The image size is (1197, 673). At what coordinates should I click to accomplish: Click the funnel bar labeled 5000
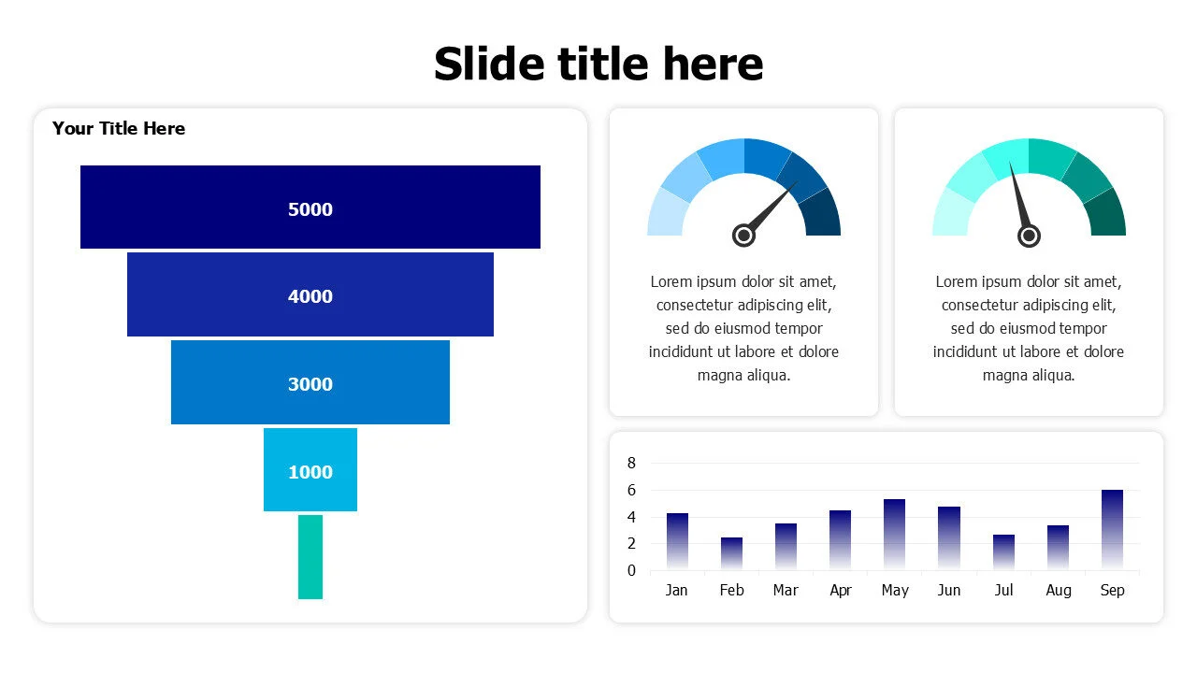(310, 207)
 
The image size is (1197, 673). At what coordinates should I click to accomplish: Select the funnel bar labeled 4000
(310, 294)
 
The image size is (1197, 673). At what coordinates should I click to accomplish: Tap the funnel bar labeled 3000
(310, 382)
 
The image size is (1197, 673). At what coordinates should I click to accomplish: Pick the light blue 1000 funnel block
(310, 469)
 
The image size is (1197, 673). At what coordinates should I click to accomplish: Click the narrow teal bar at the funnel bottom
(310, 557)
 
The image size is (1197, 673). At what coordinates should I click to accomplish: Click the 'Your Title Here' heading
(119, 129)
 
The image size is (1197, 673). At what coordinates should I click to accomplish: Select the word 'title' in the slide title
(603, 64)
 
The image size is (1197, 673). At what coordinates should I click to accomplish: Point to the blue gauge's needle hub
(743, 235)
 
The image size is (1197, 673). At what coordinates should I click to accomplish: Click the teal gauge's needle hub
(1029, 236)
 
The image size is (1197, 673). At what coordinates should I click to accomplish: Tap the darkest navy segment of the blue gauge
(822, 215)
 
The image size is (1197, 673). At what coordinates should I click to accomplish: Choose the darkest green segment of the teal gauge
(1107, 215)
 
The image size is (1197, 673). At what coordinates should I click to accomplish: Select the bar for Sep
(1112, 529)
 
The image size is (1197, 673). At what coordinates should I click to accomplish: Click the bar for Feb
(731, 553)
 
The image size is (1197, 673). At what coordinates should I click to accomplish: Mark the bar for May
(895, 534)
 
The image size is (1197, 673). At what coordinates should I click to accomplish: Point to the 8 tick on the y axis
(631, 463)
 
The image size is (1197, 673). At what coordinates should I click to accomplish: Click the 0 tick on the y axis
(631, 570)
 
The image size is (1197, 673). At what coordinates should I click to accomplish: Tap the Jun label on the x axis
(949, 590)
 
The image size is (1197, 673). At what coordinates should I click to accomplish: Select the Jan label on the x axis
(676, 590)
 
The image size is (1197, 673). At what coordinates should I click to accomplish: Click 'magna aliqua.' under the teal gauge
(1029, 376)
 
